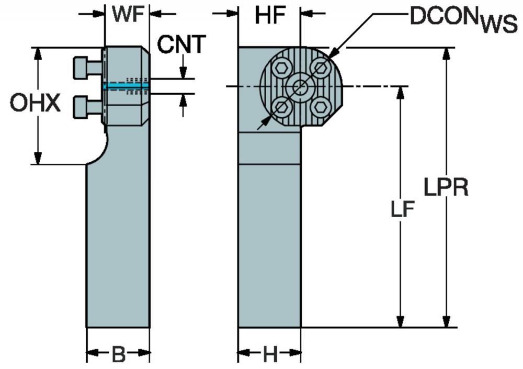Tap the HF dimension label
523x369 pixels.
click(x=270, y=15)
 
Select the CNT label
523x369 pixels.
click(x=181, y=44)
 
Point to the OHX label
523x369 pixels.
click(x=35, y=103)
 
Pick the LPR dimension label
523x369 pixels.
click(x=446, y=187)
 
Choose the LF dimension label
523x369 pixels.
click(x=403, y=210)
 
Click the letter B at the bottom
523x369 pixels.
click(x=118, y=355)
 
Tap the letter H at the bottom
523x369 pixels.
click(x=270, y=355)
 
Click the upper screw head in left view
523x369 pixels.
click(x=81, y=68)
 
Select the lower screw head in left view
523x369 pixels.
click(x=81, y=107)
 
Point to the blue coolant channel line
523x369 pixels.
click(x=126, y=86)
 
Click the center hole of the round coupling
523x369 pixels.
click(x=301, y=87)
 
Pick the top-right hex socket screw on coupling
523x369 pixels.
click(x=321, y=69)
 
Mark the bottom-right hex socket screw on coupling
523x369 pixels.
click(x=321, y=107)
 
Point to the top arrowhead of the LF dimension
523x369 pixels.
click(x=401, y=93)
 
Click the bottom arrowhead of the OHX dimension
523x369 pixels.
click(x=38, y=158)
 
